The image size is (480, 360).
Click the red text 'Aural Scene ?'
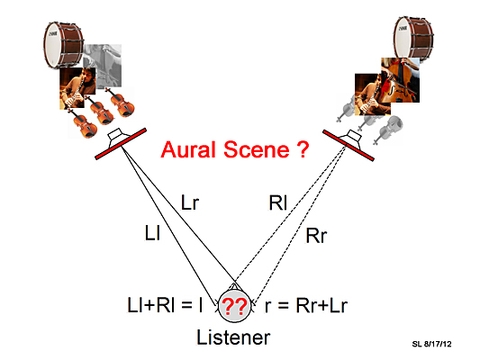235,149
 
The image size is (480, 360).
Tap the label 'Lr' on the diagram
190,202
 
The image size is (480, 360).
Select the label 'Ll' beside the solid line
152,232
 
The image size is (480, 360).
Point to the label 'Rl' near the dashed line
278,202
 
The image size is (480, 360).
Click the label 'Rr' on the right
316,236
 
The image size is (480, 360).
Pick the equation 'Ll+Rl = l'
165,305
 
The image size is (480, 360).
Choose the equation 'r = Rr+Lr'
306,305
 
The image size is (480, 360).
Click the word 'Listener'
233,337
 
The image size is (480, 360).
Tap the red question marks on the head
234,306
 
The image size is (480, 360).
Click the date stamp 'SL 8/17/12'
431,344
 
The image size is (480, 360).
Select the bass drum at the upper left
63,45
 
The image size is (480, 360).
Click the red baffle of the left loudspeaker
121,144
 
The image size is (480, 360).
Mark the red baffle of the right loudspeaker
349,145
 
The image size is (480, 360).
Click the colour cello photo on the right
400,80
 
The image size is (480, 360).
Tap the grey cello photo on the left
103,66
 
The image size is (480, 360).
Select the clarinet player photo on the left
77,88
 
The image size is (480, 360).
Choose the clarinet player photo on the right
373,94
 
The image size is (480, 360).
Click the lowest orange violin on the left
82,123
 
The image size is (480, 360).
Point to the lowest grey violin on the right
388,130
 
